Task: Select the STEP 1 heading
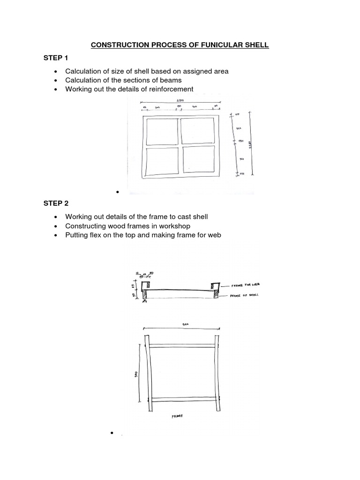coord(56,58)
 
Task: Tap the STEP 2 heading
coord(56,203)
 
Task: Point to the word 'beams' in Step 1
coord(170,80)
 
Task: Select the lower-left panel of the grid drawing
coord(162,161)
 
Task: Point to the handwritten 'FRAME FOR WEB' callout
coord(246,285)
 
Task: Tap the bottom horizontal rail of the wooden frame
coord(182,399)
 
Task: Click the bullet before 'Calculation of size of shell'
coord(56,72)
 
